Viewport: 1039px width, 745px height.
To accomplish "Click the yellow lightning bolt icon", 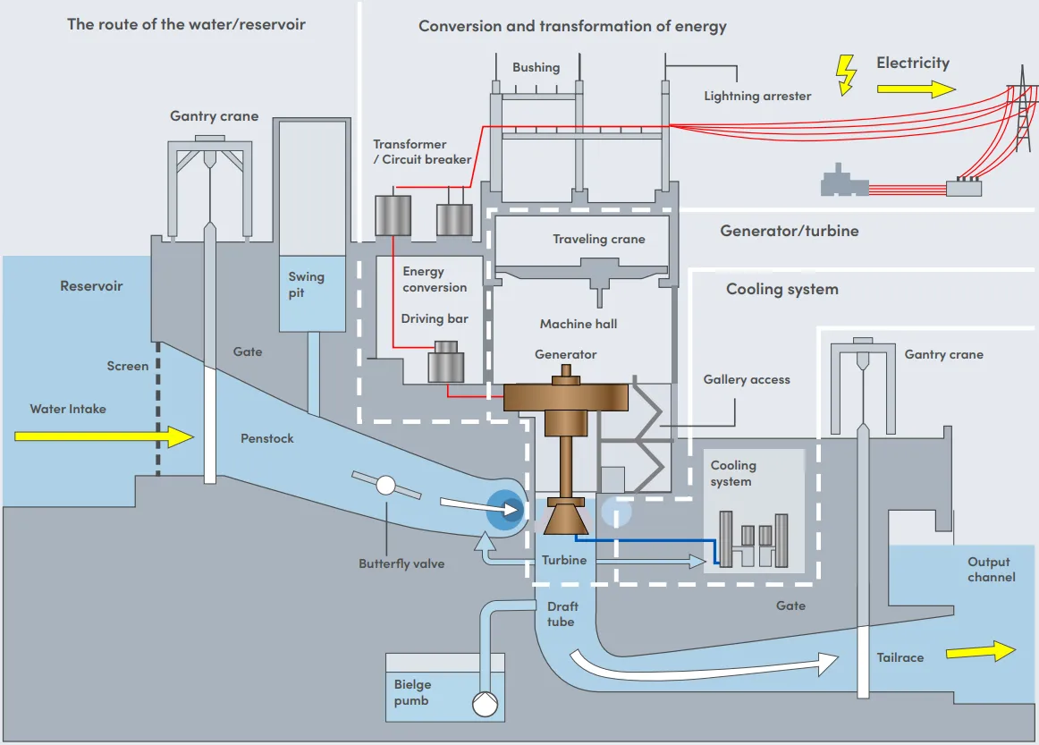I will tap(845, 75).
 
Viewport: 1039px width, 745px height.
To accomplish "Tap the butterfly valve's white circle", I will tap(385, 486).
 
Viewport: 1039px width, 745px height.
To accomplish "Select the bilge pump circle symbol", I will tap(485, 704).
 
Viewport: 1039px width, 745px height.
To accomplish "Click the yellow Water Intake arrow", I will tap(104, 436).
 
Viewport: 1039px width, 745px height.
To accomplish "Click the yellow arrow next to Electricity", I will tap(916, 89).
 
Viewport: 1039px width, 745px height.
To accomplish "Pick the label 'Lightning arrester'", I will tap(757, 96).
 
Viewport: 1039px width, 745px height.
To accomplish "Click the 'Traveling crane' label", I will tap(598, 239).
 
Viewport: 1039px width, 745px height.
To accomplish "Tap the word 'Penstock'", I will tap(266, 438).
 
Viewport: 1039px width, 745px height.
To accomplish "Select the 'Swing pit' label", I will tap(306, 284).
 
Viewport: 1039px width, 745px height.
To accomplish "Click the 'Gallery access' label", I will tap(747, 379).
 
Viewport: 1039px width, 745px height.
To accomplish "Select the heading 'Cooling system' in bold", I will tap(781, 289).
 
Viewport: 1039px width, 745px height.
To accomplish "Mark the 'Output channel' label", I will tap(991, 570).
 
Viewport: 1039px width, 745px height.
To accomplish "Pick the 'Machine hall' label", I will tap(578, 324).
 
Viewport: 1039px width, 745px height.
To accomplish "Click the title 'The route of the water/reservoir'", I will tap(186, 24).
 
